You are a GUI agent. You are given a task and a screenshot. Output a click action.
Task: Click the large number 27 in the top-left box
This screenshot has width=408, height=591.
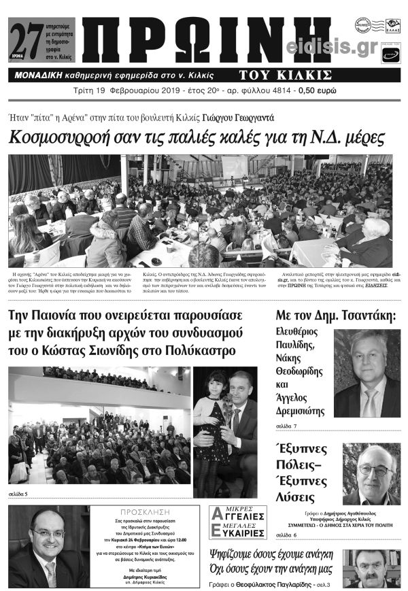pos(22,31)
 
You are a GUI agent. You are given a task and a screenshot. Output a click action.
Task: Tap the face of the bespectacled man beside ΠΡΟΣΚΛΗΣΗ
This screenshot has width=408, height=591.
pos(47,535)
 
